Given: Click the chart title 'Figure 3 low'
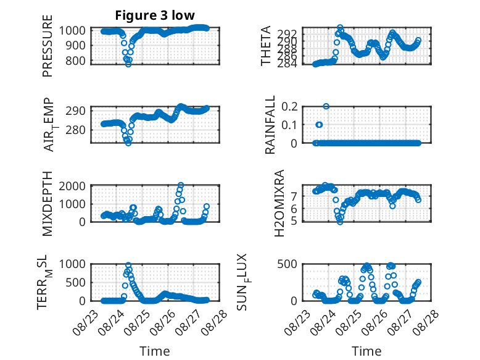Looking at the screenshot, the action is (155, 15).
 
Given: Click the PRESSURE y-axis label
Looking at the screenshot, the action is (48, 46).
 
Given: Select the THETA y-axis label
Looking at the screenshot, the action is (266, 46).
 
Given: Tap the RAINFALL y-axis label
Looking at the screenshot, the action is (270, 125).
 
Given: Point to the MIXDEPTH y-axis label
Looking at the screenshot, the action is (48, 204).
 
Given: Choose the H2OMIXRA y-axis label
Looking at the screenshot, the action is (279, 203).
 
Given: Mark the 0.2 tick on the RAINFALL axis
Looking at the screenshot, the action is (289, 107).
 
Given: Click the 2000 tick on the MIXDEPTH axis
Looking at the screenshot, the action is (72, 186).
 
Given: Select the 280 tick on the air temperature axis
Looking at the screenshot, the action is (75, 130).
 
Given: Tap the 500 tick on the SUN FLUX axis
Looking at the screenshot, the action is (287, 264).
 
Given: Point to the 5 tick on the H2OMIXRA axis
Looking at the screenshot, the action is (294, 221).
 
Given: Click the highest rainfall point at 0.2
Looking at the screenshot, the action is (326, 106).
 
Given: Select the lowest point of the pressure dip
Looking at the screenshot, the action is (128, 64).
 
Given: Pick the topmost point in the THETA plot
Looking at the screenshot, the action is (340, 28).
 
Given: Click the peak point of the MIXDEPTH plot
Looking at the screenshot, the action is (181, 185).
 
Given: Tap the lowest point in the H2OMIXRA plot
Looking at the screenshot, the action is (340, 222).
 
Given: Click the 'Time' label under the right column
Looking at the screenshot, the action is (366, 351).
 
